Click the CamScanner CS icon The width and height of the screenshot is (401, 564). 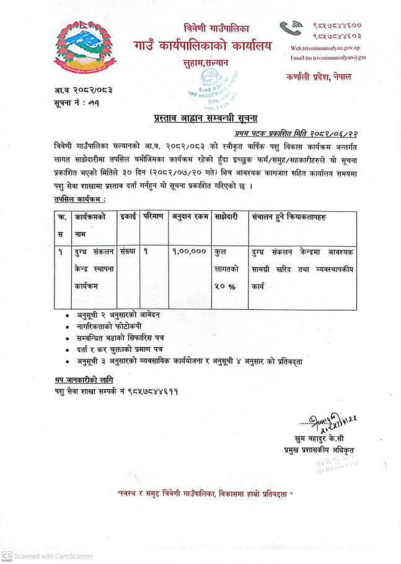point(7,555)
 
